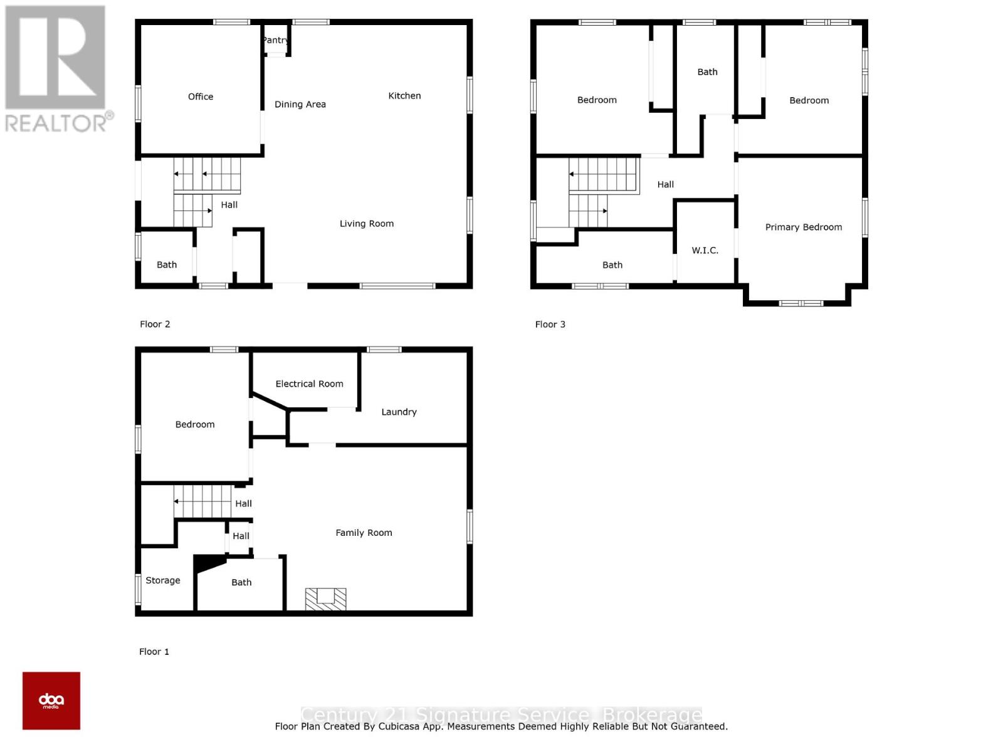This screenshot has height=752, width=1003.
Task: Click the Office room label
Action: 201,97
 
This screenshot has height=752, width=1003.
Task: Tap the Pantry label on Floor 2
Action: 275,40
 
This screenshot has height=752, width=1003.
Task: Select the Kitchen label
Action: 404,96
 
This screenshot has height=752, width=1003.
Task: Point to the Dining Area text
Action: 300,105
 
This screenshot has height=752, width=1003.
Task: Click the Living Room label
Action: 367,224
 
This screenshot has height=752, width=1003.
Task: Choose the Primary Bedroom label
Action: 803,227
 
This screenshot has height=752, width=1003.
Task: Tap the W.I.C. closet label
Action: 705,251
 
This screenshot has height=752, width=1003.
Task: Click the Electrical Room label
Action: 309,384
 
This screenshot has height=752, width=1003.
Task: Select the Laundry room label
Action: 399,412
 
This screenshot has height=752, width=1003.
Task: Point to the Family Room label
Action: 364,533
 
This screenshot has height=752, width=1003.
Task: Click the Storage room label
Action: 163,581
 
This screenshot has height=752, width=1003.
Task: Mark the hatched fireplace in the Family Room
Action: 325,599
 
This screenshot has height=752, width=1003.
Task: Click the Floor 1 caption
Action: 154,652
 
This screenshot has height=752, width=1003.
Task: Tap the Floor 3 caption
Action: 550,325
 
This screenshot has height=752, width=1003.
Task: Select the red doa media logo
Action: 51,701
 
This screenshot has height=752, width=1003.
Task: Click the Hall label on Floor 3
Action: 665,185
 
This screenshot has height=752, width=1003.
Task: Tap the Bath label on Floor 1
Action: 241,583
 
